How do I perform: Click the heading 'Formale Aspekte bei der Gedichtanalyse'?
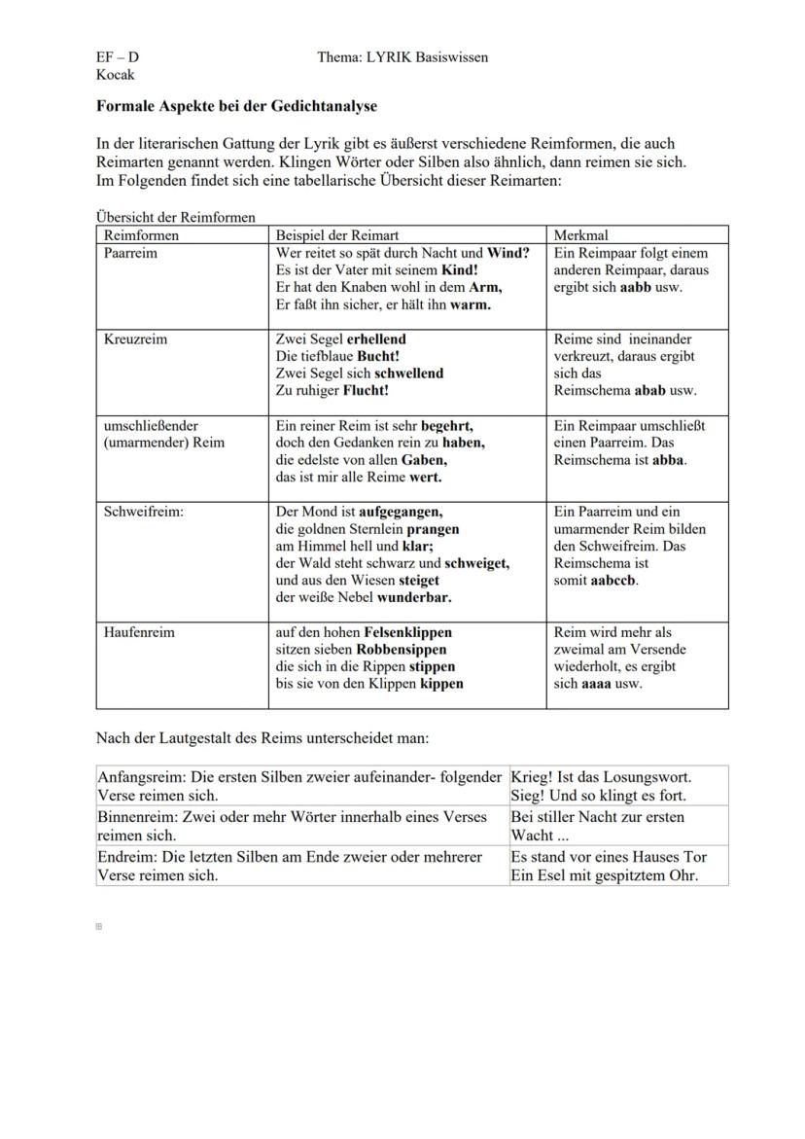[236, 105]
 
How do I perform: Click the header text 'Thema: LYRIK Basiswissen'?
[402, 57]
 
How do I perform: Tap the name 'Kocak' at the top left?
[116, 74]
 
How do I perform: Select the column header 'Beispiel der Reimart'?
[337, 235]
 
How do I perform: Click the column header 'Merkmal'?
[580, 235]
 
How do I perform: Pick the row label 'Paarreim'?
[130, 253]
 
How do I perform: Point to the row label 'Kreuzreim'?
[135, 339]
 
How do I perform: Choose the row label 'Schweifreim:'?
[143, 512]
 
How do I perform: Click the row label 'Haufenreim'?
[139, 632]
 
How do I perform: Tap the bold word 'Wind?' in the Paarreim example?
[508, 253]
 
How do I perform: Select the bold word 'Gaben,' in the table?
[424, 460]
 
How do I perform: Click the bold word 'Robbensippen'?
[402, 649]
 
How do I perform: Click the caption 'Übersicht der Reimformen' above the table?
[175, 217]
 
